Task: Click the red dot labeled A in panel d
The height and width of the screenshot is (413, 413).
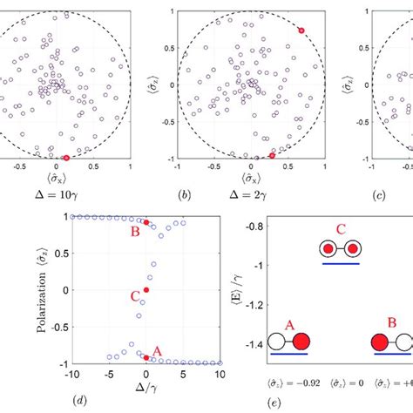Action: click(x=146, y=357)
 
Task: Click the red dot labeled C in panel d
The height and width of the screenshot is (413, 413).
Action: click(x=146, y=289)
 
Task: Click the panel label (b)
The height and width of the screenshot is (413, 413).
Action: click(x=186, y=197)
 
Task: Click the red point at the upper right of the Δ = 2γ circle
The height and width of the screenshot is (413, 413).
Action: click(x=301, y=30)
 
